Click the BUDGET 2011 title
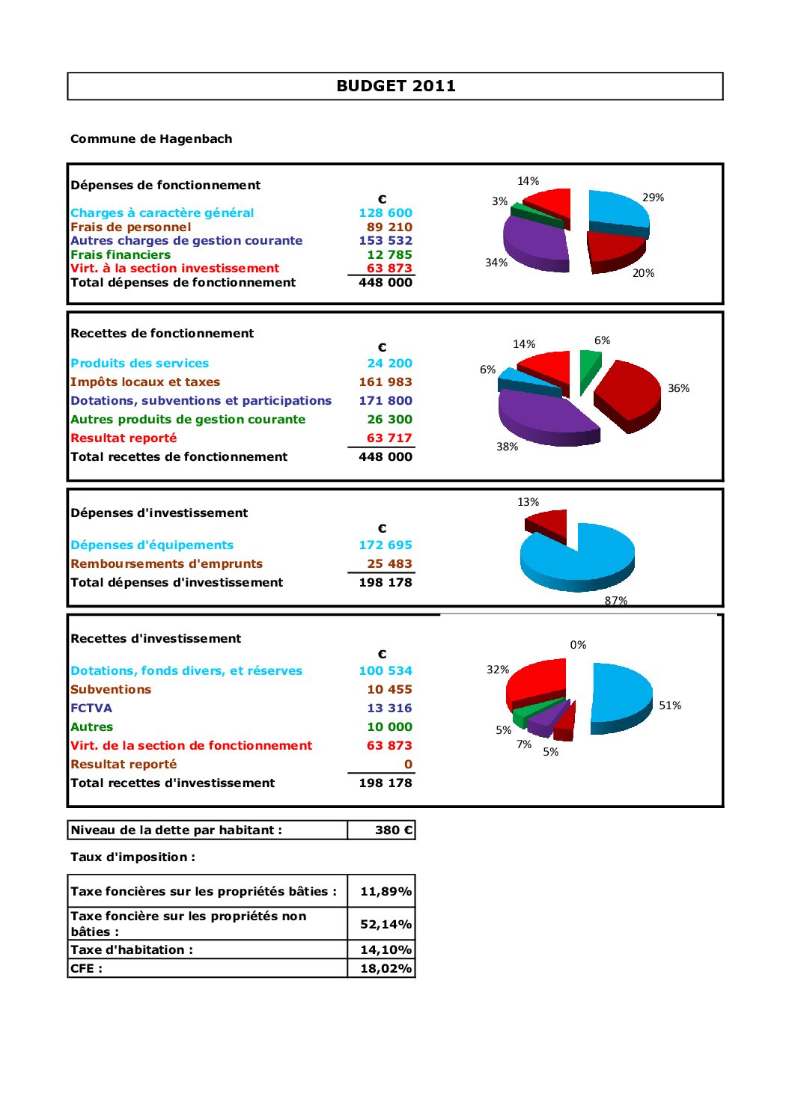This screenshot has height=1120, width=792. (x=395, y=86)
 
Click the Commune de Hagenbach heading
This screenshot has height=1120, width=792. (x=151, y=139)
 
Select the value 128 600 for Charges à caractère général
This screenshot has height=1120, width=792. (x=385, y=213)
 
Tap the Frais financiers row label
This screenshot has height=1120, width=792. (x=121, y=255)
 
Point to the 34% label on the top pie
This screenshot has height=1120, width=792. (x=496, y=263)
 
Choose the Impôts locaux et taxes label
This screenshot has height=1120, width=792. (x=145, y=382)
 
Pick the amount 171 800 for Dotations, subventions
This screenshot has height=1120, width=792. (x=385, y=401)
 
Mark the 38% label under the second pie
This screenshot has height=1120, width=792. (x=507, y=447)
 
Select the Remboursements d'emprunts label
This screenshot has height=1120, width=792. (x=166, y=564)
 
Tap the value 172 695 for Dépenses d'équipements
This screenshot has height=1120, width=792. (x=385, y=545)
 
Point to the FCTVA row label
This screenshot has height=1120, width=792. (x=91, y=709)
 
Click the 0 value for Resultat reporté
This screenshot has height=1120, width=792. (x=408, y=765)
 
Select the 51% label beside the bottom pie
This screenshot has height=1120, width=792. (x=670, y=706)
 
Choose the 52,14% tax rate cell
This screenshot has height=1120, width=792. (x=386, y=925)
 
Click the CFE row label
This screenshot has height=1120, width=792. (x=86, y=969)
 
